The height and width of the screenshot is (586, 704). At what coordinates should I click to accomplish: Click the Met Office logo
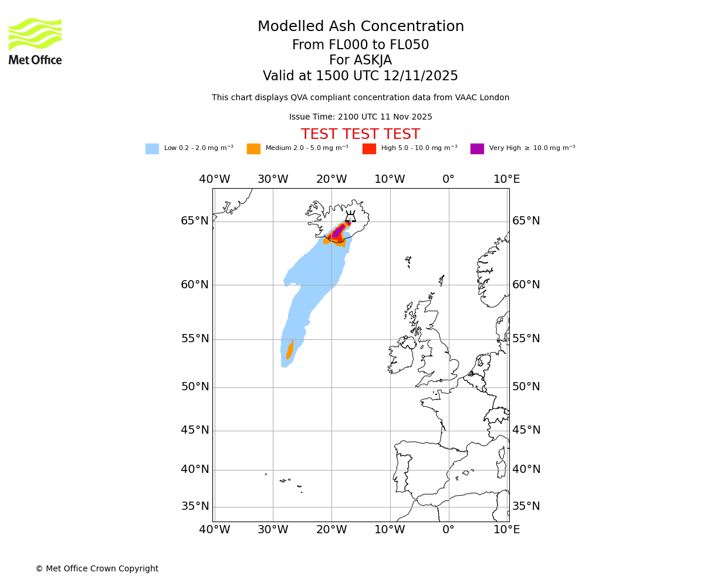tap(35, 41)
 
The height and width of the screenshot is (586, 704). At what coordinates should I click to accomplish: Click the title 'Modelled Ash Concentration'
tap(360, 27)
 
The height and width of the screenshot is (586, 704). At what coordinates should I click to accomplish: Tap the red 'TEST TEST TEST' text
tap(360, 135)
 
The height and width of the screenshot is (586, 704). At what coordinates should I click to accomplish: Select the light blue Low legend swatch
tap(152, 149)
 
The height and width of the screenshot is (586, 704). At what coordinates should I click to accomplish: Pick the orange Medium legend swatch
tap(253, 149)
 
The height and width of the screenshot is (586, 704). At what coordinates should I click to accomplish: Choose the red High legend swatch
tap(369, 149)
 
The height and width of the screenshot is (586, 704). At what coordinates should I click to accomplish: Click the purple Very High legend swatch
tap(477, 149)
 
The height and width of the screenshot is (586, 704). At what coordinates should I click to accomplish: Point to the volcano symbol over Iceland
tap(350, 217)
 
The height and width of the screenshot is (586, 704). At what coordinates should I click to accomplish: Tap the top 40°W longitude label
tap(214, 179)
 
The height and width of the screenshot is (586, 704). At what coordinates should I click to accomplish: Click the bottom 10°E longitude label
tap(507, 530)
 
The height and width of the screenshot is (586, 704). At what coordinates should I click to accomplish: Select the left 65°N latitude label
tap(195, 221)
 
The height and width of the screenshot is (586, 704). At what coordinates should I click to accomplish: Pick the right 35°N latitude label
tap(526, 506)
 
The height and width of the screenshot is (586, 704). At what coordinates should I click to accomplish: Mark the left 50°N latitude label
tap(195, 387)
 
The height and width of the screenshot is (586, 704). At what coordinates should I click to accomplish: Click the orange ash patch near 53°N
tap(289, 350)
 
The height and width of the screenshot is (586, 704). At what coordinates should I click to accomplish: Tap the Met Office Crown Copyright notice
tap(97, 569)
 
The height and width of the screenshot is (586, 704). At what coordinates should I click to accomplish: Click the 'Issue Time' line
tap(360, 117)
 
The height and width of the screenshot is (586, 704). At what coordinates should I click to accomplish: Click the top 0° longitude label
tap(448, 179)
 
